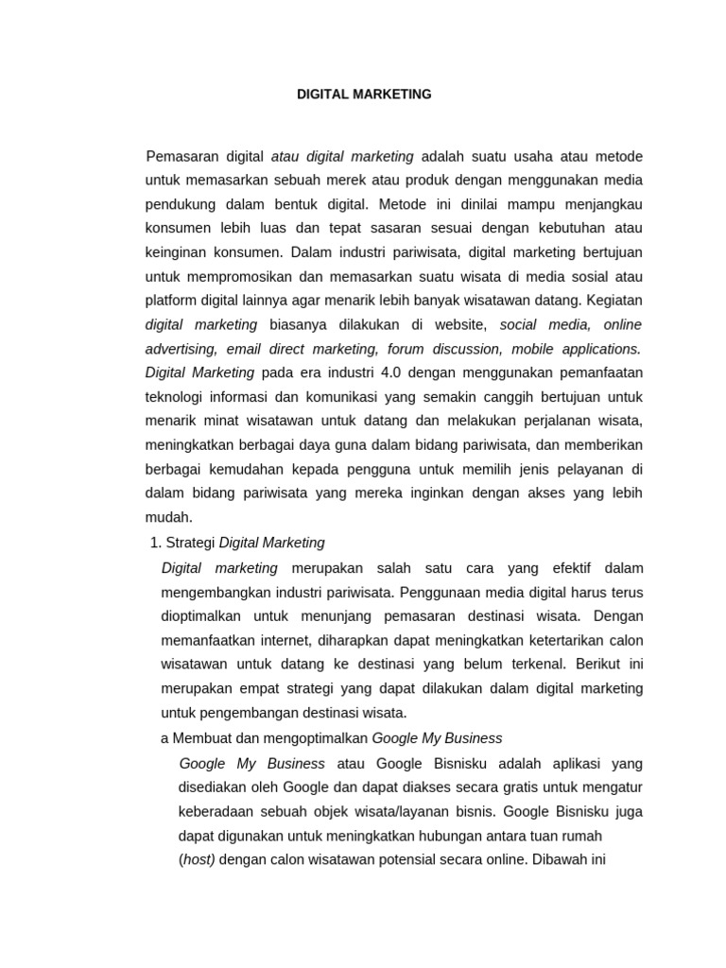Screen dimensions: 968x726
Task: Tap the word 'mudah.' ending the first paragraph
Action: click(x=169, y=517)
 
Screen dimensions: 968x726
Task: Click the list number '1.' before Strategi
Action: click(x=157, y=543)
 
